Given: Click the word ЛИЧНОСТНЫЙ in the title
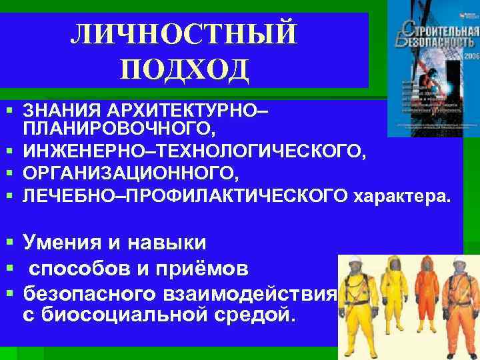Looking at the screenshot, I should [183, 33].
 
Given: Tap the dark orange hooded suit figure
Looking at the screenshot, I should [421, 293].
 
